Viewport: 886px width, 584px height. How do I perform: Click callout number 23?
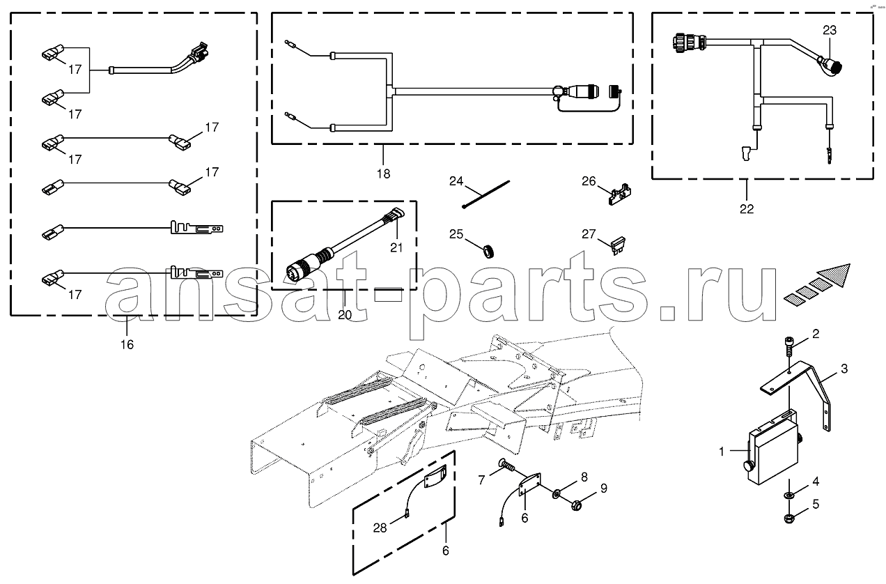pos(830,31)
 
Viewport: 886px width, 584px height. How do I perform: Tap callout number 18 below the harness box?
pos(383,174)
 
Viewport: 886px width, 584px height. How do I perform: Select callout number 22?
pos(747,208)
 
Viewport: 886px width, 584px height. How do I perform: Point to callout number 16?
pos(127,345)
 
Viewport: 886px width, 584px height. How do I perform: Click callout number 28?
pos(380,528)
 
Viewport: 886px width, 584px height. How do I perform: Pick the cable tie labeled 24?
pos(485,194)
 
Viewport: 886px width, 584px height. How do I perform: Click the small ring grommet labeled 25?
pos(489,252)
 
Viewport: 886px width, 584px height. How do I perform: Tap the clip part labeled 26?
pos(619,194)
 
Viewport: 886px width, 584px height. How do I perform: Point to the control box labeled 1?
pos(772,450)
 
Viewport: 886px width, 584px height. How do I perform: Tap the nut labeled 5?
pos(789,518)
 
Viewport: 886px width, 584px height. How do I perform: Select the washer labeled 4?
pos(789,495)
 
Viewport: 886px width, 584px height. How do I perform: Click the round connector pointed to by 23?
pos(830,65)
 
